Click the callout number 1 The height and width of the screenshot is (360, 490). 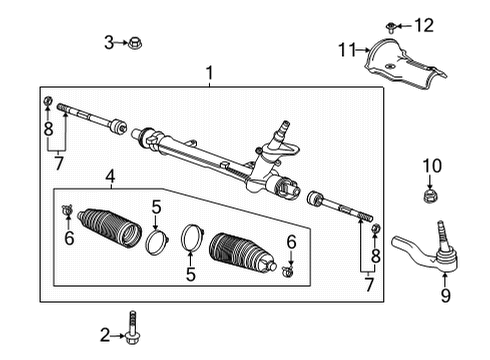pos(209,73)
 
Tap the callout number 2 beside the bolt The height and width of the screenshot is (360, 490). pos(105,334)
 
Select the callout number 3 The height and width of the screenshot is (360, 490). pos(110,42)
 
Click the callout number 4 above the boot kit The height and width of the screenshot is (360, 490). pos(109,178)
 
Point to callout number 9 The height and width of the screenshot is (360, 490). pos(446,295)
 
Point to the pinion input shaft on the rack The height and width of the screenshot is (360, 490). pos(283,129)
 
